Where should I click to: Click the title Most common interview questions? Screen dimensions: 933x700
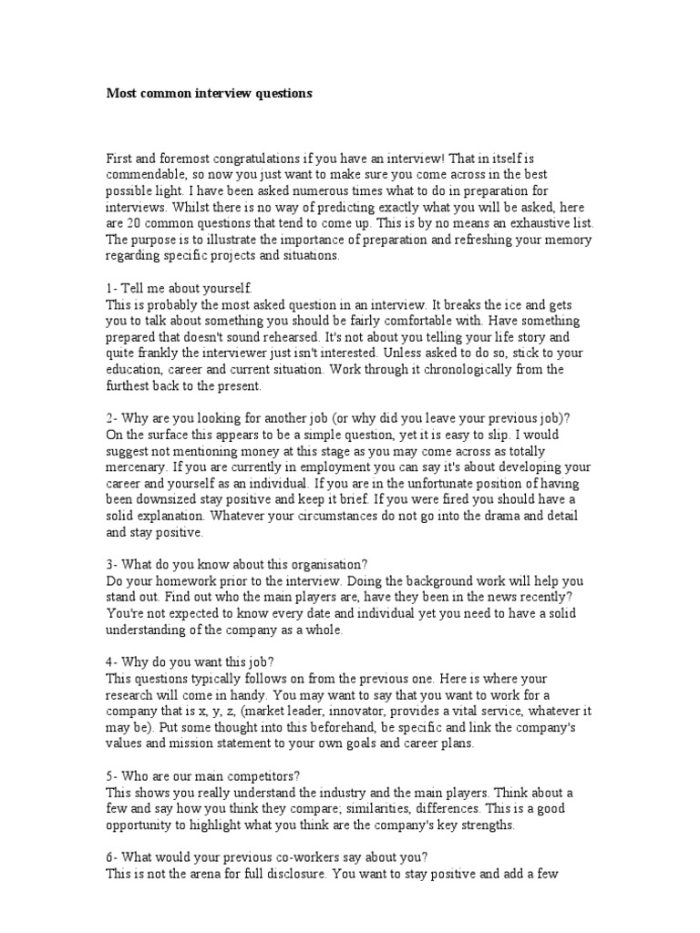click(209, 93)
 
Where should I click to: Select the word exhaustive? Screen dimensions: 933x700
click(530, 223)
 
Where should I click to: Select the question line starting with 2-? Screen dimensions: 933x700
click(338, 418)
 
